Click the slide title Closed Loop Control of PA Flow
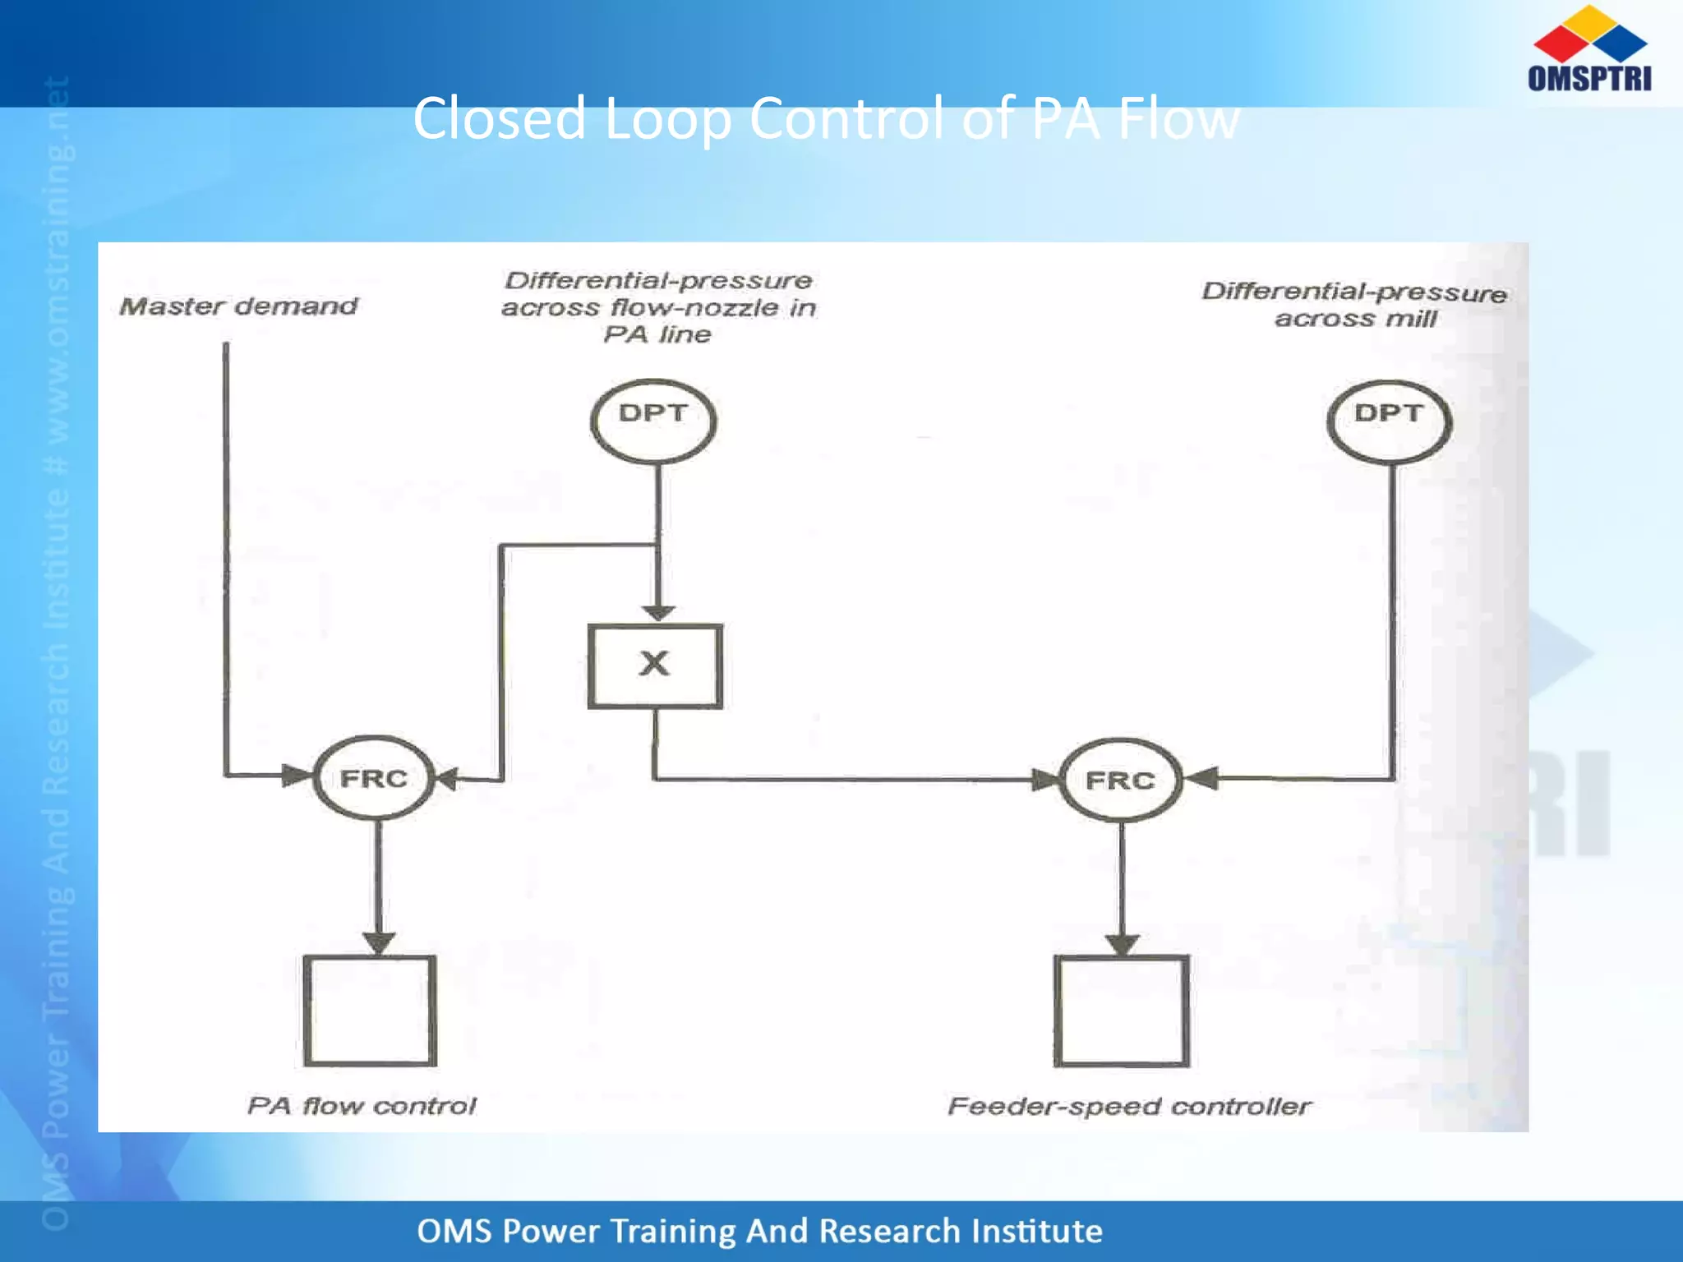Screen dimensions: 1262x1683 pyautogui.click(x=825, y=118)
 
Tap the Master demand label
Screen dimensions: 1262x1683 pyautogui.click(x=238, y=306)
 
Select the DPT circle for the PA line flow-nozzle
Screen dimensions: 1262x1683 pyautogui.click(x=653, y=420)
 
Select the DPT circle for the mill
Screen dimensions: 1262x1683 pyautogui.click(x=1389, y=421)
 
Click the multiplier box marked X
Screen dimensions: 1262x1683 pyautogui.click(x=655, y=666)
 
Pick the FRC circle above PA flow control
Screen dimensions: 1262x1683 pyautogui.click(x=374, y=777)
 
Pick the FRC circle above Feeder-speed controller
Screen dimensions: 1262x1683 pyautogui.click(x=1121, y=780)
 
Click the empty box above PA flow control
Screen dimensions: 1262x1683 pyautogui.click(x=370, y=1011)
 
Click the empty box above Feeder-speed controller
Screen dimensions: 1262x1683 pyautogui.click(x=1122, y=1011)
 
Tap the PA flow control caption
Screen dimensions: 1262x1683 pyautogui.click(x=362, y=1106)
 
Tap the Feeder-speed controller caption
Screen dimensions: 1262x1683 pyautogui.click(x=1129, y=1107)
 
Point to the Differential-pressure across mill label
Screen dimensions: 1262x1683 pyautogui.click(x=1354, y=305)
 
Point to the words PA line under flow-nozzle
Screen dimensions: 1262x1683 pyautogui.click(x=657, y=334)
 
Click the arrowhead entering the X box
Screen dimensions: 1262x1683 pyautogui.click(x=658, y=613)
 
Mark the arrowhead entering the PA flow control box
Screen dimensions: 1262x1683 pyautogui.click(x=378, y=942)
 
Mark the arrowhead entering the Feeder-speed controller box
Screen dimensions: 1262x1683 pyautogui.click(x=1122, y=943)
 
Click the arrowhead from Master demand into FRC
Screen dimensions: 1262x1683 pyautogui.click(x=296, y=775)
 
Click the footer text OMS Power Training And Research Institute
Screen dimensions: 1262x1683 pyautogui.click(x=759, y=1231)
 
